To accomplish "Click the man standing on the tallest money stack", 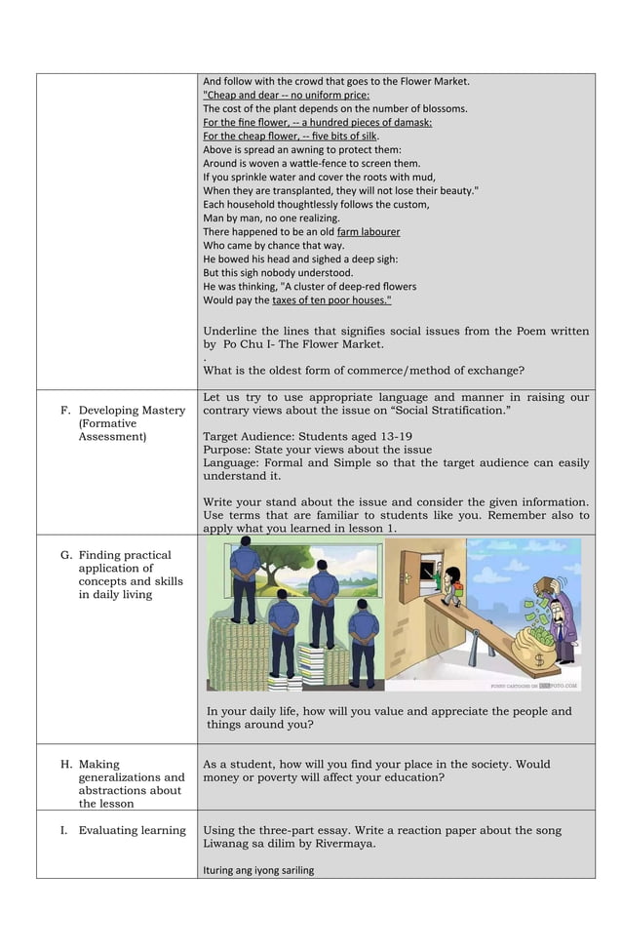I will pyautogui.click(x=245, y=581).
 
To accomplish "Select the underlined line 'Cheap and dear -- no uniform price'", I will pyautogui.click(x=286, y=96).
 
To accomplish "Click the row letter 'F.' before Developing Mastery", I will pyautogui.click(x=66, y=411).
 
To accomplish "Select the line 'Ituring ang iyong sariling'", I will pyautogui.click(x=258, y=870).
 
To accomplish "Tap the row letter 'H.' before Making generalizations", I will pyautogui.click(x=66, y=765).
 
